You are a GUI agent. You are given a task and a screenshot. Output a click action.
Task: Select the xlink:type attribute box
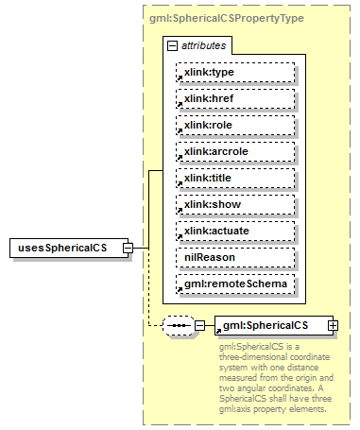(235, 72)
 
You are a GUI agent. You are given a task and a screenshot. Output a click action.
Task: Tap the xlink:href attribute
(235, 98)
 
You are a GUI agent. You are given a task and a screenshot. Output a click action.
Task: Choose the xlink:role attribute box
(235, 125)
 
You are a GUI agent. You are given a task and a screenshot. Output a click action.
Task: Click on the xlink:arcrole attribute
(235, 151)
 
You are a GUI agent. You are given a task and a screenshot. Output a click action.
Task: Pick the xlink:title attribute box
(235, 178)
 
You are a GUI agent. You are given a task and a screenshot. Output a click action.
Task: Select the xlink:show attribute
(235, 204)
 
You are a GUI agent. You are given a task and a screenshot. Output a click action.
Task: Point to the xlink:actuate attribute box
(235, 231)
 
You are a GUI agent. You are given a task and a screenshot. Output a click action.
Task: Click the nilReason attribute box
(235, 257)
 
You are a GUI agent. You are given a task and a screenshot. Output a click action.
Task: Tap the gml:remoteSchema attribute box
(235, 284)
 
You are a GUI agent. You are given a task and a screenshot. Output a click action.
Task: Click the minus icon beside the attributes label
(171, 45)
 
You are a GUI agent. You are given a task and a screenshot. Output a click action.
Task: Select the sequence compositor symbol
(178, 325)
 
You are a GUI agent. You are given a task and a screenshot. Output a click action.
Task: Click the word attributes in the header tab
(203, 45)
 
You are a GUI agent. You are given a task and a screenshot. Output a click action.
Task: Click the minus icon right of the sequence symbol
(199, 325)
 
